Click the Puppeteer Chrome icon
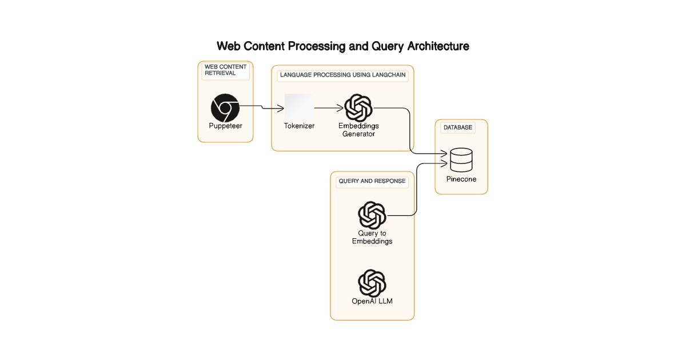225,108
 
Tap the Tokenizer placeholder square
299,107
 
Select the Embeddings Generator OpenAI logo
358,108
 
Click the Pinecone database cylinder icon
461,160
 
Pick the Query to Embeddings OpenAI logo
372,215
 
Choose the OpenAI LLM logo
372,283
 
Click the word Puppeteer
225,126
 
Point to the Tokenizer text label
299,126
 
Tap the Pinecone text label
461,179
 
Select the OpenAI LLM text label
372,301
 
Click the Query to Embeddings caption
372,237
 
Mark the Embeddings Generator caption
358,130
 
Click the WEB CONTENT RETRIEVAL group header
225,70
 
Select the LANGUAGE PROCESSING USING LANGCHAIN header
342,75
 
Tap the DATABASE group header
458,127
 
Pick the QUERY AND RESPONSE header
372,181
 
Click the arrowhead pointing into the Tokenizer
281,108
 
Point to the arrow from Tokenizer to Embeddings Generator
329,108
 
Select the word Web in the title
229,46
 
